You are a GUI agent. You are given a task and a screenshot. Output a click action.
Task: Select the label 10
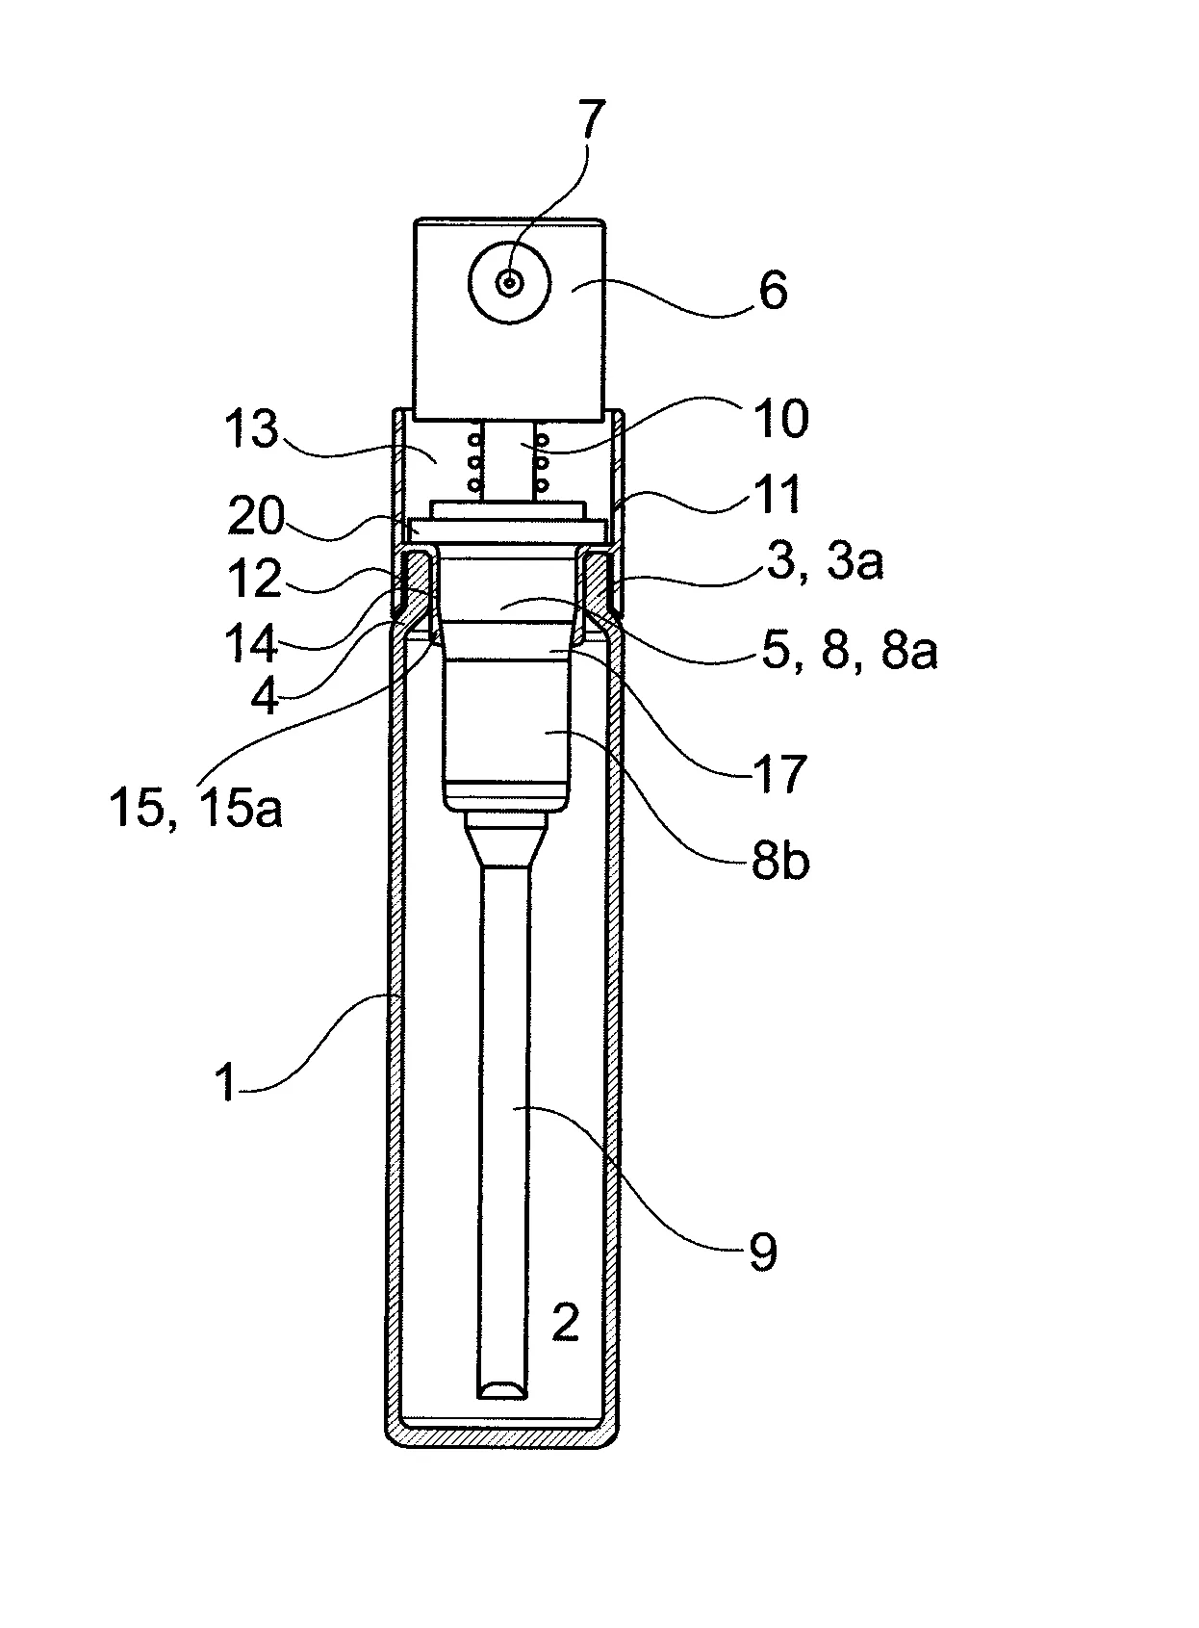tap(780, 419)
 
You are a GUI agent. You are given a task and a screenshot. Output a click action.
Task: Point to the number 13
tap(250, 428)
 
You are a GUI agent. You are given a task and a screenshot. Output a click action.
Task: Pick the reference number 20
tap(255, 515)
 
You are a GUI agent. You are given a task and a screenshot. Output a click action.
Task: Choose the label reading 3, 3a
tap(825, 561)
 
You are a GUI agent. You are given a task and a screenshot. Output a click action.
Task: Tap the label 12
tap(254, 580)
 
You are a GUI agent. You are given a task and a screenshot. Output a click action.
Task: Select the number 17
tap(779, 775)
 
